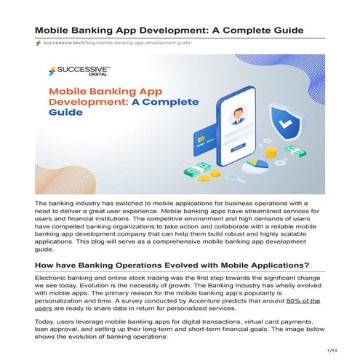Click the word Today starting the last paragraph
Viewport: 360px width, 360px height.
(x=46, y=320)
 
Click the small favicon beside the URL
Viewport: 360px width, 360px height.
(x=39, y=44)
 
